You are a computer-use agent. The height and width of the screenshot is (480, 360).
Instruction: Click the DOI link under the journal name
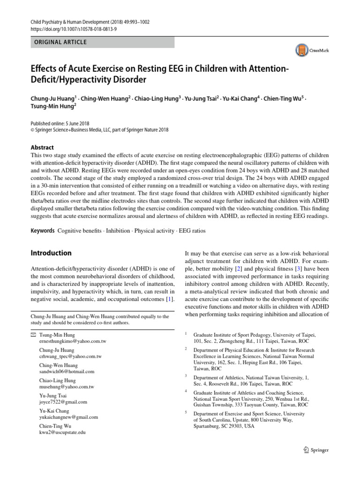pyautogui.click(x=67, y=29)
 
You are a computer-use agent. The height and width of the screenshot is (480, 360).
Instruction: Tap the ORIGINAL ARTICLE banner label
pyautogui.click(x=60, y=42)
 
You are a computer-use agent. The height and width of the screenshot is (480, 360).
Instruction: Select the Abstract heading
pyautogui.click(x=42, y=147)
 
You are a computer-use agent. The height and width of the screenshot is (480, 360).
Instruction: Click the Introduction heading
pyautogui.click(x=51, y=253)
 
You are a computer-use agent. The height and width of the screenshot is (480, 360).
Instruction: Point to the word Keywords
pyautogui.click(x=42, y=231)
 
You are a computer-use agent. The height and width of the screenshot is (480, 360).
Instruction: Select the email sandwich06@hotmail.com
pyautogui.click(x=67, y=371)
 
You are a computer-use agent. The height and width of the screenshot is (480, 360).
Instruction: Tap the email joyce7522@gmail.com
pyautogui.click(x=63, y=402)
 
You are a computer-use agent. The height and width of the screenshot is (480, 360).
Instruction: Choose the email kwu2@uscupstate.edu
pyautogui.click(x=62, y=432)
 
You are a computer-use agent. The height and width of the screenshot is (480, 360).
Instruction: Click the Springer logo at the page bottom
pyautogui.click(x=316, y=450)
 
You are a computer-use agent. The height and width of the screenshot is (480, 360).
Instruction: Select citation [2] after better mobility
pyautogui.click(x=244, y=268)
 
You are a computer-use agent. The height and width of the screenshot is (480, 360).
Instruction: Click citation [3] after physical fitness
pyautogui.click(x=298, y=268)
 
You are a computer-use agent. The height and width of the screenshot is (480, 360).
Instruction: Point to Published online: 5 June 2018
pyautogui.click(x=59, y=123)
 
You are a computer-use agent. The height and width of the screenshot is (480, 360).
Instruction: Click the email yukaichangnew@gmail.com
pyautogui.click(x=69, y=417)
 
